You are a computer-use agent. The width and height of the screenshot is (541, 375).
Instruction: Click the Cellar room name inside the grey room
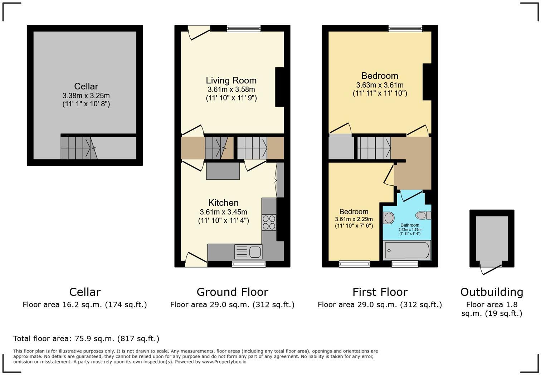coord(86,86)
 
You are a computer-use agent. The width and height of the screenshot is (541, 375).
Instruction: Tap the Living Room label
coord(231,80)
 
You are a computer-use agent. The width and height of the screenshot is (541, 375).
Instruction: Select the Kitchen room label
coord(223,203)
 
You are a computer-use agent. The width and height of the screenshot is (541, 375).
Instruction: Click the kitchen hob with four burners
coord(269,222)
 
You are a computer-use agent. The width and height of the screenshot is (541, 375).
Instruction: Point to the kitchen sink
coord(249,252)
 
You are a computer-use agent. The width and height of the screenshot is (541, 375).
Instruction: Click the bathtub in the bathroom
coord(406,250)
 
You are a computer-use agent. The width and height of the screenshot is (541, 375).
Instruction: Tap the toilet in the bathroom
coord(423,215)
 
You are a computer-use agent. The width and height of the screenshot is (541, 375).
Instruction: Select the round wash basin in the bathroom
coord(389,217)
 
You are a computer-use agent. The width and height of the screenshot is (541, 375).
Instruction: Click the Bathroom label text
coord(410,225)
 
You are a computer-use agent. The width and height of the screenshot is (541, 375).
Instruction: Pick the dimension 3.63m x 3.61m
coord(380,85)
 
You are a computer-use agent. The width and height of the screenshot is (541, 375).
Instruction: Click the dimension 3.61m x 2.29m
coord(354,219)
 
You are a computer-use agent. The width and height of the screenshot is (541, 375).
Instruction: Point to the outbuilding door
coord(491,267)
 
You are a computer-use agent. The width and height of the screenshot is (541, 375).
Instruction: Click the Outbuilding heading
coord(492,292)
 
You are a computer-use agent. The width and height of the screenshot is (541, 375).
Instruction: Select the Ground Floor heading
coord(232,292)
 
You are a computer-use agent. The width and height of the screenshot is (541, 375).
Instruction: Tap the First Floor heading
coord(380,292)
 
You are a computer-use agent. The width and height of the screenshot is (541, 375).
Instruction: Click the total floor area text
coord(86,339)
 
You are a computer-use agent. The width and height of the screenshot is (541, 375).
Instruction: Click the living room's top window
coord(244,28)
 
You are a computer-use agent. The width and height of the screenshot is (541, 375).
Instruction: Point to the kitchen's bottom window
coord(249,264)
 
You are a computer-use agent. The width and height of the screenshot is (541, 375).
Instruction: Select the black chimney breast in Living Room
coord(279,87)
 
